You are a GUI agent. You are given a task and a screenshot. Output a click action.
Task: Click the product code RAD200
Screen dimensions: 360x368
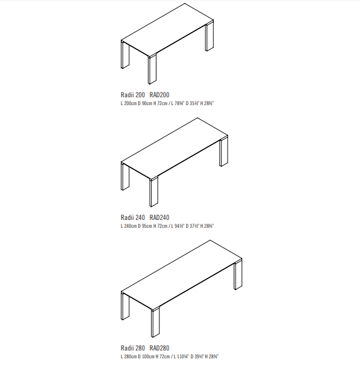(159, 95)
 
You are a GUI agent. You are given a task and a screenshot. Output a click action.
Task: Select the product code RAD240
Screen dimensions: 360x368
(159, 218)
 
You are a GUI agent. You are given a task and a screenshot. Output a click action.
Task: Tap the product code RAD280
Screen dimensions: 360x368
(159, 348)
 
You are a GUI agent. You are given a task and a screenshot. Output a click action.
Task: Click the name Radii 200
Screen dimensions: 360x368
(133, 95)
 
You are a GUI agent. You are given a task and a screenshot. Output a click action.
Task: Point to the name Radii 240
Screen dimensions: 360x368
(133, 218)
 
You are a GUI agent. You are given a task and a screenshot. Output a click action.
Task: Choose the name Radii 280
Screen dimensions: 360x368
(133, 348)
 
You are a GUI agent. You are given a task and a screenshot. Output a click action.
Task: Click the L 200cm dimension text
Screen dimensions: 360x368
(129, 103)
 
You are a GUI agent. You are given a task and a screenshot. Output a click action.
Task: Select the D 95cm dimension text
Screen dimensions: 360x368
(145, 226)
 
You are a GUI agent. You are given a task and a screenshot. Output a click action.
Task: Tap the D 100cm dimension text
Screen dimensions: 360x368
(146, 357)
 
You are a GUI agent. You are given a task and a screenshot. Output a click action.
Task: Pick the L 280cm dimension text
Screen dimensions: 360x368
(129, 357)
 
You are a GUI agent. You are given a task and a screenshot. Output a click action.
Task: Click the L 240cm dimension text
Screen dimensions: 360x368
(129, 226)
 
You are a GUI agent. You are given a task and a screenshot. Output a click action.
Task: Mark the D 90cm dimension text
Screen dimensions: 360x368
(145, 103)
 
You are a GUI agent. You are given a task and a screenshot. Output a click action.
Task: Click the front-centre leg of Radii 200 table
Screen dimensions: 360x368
(152, 69)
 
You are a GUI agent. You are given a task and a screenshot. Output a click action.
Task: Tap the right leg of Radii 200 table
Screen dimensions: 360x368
(210, 36)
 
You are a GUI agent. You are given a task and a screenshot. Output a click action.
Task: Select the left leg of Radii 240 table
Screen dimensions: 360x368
(125, 176)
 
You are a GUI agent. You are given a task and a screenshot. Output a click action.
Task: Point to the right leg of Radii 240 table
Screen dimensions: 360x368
(223, 152)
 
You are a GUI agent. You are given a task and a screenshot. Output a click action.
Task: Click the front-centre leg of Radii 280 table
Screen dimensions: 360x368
(155, 322)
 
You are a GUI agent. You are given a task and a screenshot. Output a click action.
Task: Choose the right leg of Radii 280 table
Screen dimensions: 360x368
(238, 275)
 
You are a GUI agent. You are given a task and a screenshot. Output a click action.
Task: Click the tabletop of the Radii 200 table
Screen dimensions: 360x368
(167, 30)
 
